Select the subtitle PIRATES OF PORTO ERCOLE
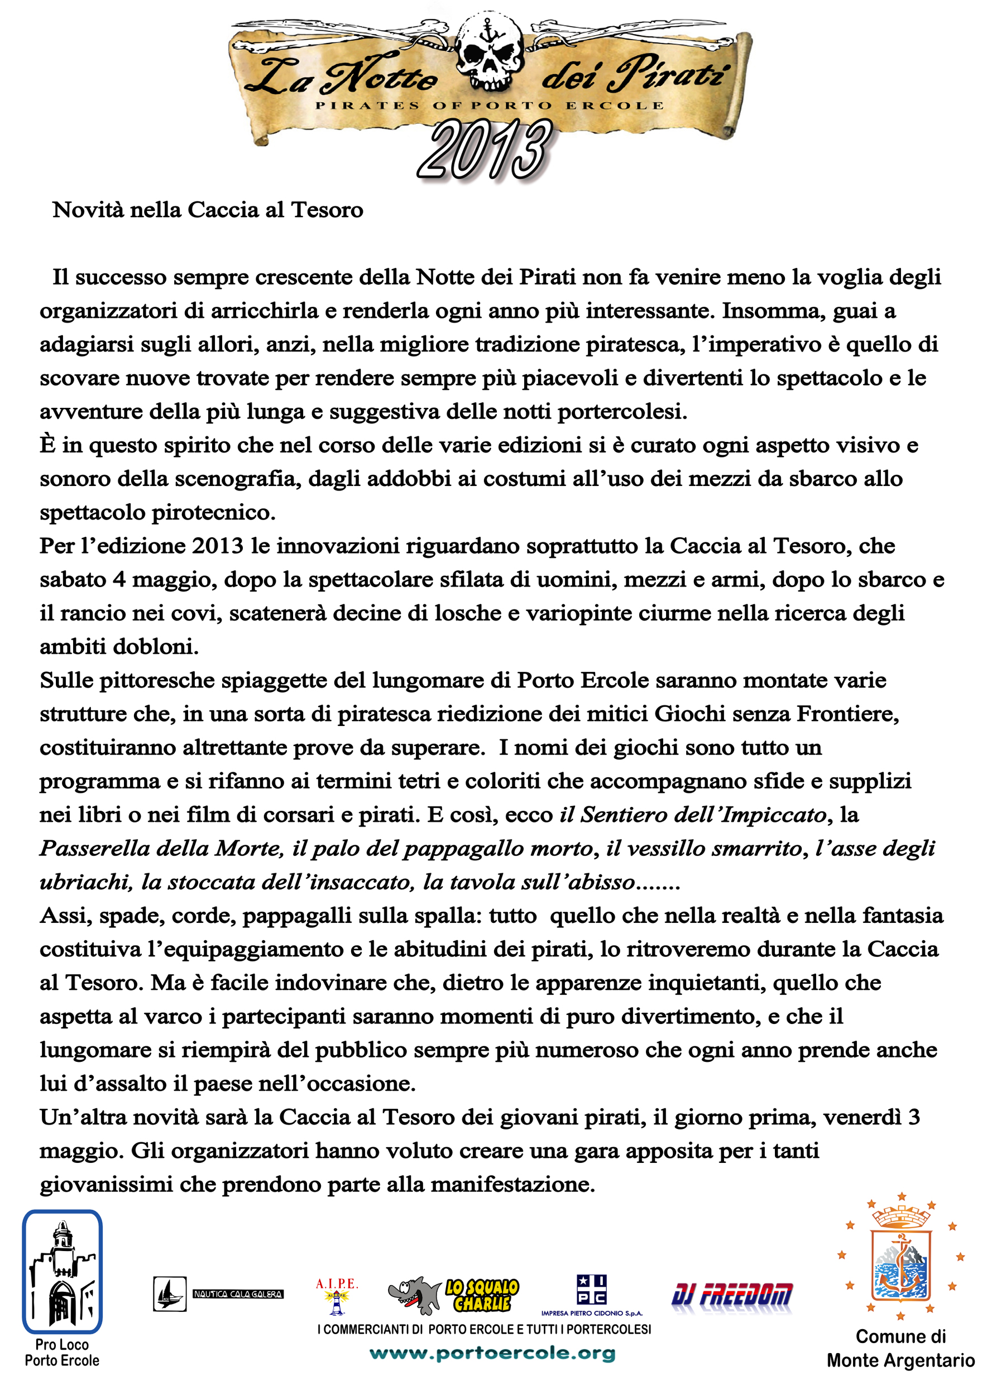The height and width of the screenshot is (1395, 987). tap(489, 105)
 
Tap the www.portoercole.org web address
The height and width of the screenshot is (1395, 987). tap(492, 1353)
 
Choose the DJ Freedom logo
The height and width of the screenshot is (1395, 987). tap(732, 1294)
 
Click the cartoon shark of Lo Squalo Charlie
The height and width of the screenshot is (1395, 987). tap(415, 1293)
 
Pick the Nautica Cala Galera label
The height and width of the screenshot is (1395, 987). tap(238, 1294)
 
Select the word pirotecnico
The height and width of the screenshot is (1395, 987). tap(213, 513)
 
